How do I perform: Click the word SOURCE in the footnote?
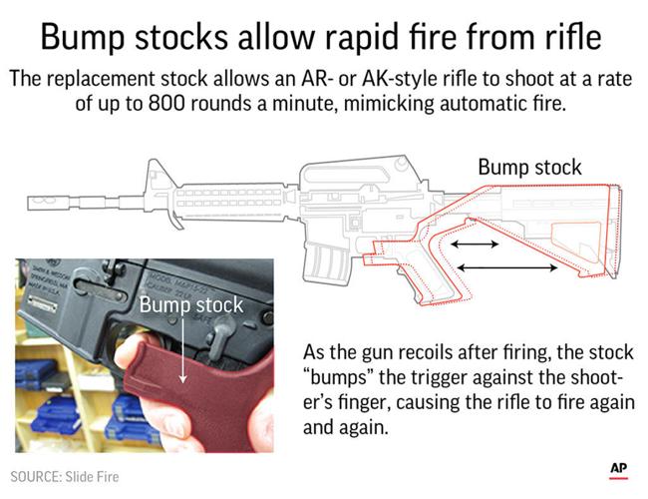38,477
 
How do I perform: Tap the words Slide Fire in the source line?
95,477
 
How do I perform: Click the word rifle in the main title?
571,38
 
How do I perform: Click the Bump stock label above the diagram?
529,167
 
